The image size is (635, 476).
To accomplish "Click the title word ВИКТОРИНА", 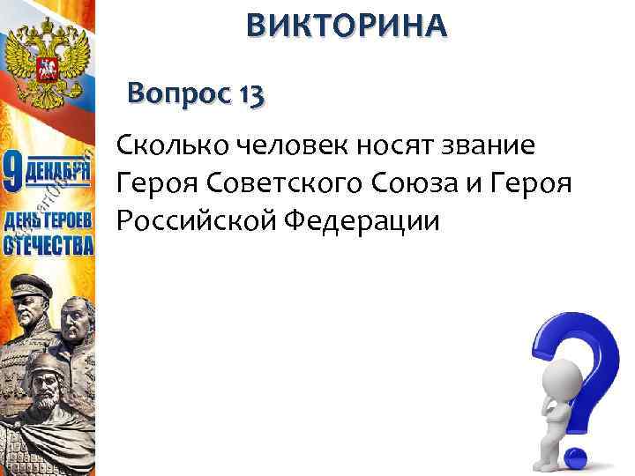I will tap(347, 26).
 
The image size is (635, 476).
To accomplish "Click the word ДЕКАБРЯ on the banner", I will tap(57, 167).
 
